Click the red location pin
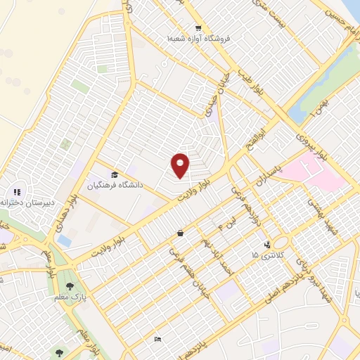tap(181, 165)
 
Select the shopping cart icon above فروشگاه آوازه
tap(199, 27)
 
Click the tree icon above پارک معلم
tap(70, 286)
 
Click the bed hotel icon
tap(158, 339)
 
